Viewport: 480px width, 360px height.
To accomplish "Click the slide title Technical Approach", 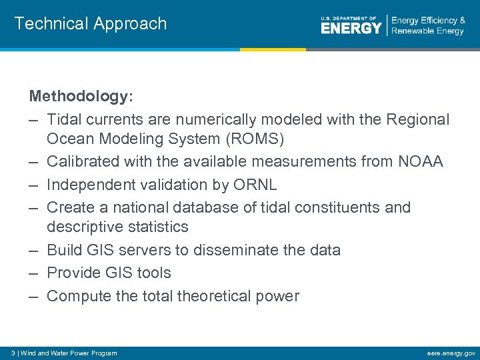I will (91, 23).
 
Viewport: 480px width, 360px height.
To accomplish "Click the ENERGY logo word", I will (351, 27).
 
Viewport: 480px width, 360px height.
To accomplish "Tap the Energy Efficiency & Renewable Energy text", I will (428, 26).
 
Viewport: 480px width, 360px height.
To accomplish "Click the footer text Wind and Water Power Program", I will (69, 353).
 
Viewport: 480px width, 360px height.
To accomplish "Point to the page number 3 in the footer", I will (13, 353).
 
